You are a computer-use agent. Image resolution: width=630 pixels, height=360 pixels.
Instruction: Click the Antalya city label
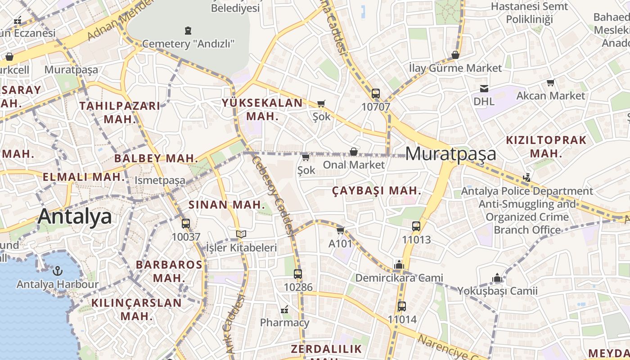pyautogui.click(x=75, y=216)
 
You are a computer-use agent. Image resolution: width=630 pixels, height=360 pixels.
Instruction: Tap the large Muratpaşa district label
pyautogui.click(x=451, y=153)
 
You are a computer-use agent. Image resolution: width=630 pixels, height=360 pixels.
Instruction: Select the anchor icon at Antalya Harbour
pyautogui.click(x=57, y=271)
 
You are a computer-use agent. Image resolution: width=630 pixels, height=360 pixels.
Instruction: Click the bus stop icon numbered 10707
pyautogui.click(x=376, y=94)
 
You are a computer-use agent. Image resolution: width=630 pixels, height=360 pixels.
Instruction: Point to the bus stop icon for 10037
pyautogui.click(x=185, y=223)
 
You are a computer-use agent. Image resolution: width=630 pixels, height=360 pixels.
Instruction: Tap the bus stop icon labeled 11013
pyautogui.click(x=416, y=226)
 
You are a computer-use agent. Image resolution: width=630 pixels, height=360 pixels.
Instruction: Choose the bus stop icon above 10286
pyautogui.click(x=297, y=274)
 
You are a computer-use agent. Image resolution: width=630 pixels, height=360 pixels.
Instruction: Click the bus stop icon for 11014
pyautogui.click(x=402, y=306)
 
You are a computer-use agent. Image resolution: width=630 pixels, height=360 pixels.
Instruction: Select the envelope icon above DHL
pyautogui.click(x=484, y=88)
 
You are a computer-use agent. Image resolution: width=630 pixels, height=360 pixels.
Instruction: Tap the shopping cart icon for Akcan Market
pyautogui.click(x=550, y=82)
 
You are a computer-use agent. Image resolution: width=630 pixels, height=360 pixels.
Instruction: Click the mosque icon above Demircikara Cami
pyautogui.click(x=399, y=265)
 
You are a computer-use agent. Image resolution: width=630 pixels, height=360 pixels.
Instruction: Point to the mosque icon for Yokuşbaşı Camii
pyautogui.click(x=497, y=278)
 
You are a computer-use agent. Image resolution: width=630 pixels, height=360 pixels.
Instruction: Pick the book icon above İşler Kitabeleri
pyautogui.click(x=241, y=234)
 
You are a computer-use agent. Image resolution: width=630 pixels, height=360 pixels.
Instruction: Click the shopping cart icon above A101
pyautogui.click(x=340, y=230)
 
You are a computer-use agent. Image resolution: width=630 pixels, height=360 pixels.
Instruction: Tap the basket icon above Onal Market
pyautogui.click(x=354, y=152)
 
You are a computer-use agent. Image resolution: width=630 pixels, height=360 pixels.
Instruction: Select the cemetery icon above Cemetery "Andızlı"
pyautogui.click(x=188, y=31)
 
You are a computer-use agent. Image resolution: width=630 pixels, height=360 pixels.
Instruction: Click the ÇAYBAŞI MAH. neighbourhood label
pyautogui.click(x=377, y=191)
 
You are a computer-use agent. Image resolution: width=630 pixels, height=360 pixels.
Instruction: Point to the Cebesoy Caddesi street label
pyautogui.click(x=273, y=195)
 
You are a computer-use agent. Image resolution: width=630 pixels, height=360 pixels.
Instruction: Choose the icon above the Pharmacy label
pyautogui.click(x=284, y=310)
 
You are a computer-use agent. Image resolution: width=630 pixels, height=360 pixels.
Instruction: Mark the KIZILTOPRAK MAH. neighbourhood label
pyautogui.click(x=546, y=146)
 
